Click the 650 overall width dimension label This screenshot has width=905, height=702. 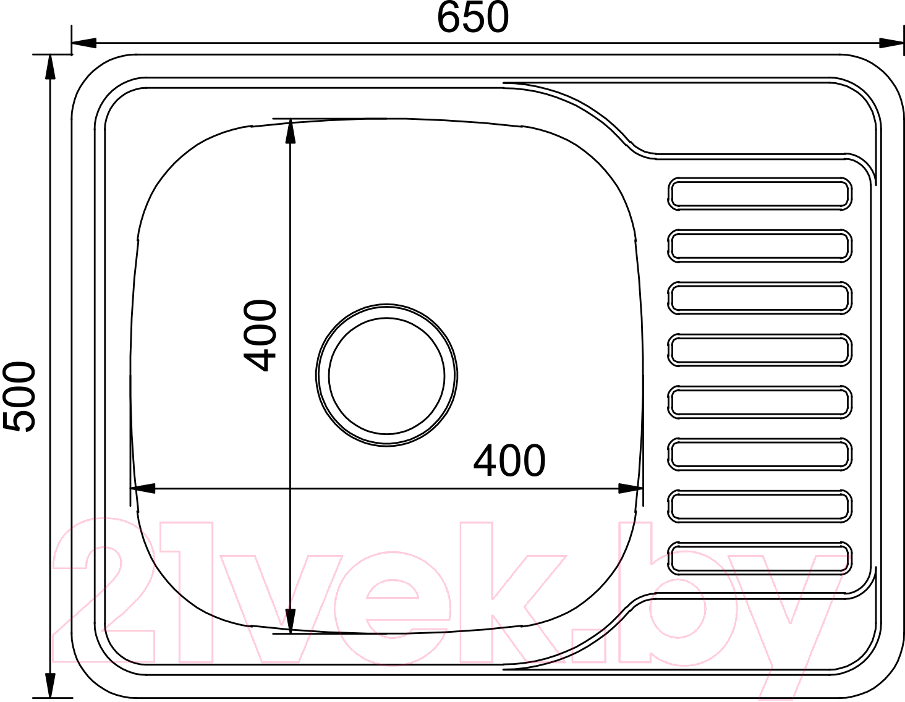tap(473, 17)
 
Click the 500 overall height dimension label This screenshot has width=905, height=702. tap(19, 397)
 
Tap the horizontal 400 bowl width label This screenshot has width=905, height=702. tap(509, 460)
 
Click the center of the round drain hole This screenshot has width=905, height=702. tap(386, 376)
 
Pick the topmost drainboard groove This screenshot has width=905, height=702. tap(760, 194)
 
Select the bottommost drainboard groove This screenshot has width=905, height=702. tap(760, 559)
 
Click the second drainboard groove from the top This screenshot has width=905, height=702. tap(760, 246)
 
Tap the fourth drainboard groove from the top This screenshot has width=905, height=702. tap(760, 350)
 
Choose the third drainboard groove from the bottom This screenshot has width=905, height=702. tap(760, 454)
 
